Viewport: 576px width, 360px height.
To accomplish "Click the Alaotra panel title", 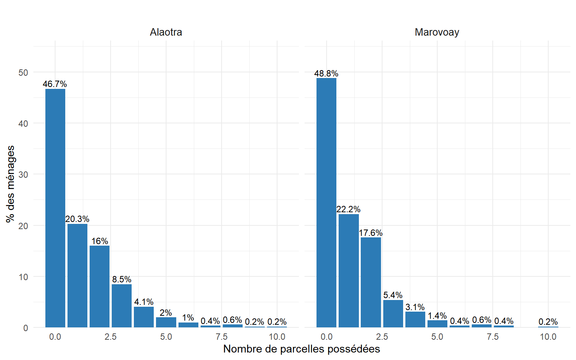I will click(166, 32).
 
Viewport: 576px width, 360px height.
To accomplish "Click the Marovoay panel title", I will click(437, 32).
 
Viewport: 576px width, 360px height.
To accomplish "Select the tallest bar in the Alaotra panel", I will click(55, 208).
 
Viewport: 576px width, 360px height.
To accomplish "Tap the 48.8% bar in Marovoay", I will click(326, 202).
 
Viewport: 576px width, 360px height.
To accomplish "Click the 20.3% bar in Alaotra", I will click(77, 276).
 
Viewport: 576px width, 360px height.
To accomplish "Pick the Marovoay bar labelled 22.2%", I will click(348, 271).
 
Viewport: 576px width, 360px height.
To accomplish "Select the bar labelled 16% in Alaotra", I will click(99, 286).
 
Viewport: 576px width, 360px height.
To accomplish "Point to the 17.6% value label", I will click(370, 233).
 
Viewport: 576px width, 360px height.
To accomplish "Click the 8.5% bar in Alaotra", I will click(121, 306).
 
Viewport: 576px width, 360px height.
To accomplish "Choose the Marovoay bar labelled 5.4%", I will click(393, 313).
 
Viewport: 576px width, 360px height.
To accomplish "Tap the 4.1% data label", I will click(144, 302).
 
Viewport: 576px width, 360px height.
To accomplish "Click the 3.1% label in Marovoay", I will click(415, 307).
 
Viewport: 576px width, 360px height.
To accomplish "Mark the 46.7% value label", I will click(55, 84).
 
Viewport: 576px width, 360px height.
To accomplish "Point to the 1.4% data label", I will click(437, 316).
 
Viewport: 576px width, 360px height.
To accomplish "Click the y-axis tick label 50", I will click(23, 72).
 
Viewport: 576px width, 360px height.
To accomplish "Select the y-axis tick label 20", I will click(23, 226).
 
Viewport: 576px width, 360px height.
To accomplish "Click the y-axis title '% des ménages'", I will click(10, 184).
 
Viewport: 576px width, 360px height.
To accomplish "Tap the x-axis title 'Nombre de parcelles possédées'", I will click(301, 349).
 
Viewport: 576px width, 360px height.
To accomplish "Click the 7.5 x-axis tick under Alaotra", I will click(221, 337).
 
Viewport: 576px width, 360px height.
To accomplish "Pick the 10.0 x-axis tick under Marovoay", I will click(548, 337).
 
